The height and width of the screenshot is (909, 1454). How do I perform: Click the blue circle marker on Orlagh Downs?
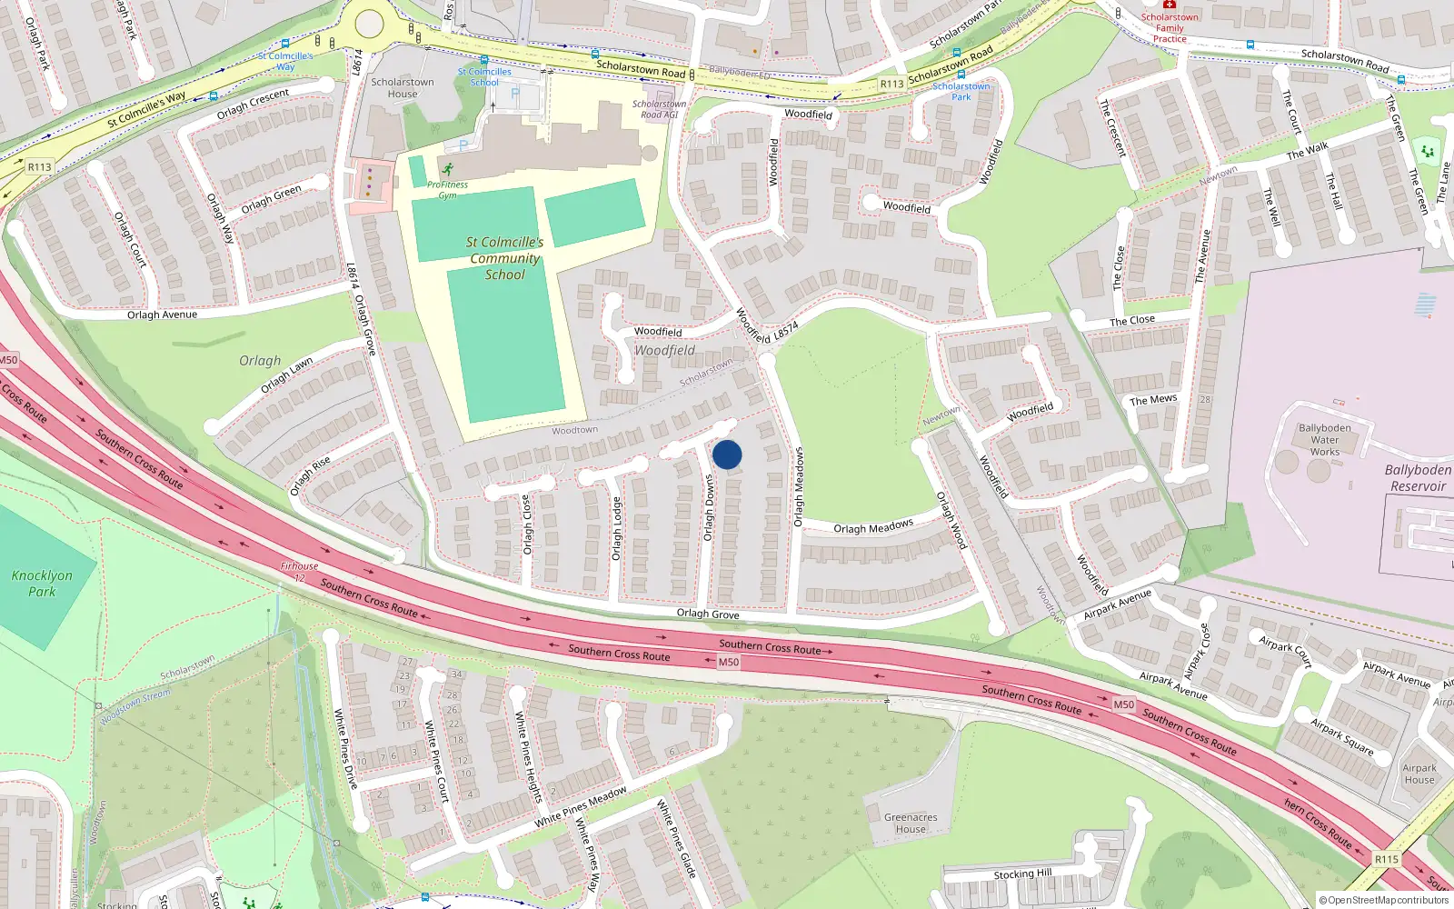(727, 454)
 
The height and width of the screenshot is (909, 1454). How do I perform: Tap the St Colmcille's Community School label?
(504, 258)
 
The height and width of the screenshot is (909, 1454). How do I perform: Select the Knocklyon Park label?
(42, 584)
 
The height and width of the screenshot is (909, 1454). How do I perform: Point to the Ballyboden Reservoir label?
(1418, 478)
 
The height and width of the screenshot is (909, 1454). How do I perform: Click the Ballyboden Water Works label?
(1324, 440)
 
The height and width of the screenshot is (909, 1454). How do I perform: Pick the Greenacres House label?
(911, 823)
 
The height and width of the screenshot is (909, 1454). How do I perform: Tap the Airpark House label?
(1419, 774)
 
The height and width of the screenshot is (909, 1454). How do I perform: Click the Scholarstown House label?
(403, 87)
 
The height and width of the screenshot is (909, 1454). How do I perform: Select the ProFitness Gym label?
(447, 189)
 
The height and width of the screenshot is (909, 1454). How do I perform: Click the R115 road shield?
(1386, 859)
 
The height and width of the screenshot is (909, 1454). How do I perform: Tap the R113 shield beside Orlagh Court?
(39, 167)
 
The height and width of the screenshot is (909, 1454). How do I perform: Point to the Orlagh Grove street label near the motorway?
(708, 614)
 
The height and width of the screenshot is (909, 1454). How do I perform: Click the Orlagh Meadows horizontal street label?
(873, 527)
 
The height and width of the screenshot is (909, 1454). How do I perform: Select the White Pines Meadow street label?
(581, 807)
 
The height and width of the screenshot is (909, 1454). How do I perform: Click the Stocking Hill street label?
(1022, 874)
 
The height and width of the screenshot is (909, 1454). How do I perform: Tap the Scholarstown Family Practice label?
(1170, 28)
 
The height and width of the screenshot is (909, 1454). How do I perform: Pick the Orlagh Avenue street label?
(162, 315)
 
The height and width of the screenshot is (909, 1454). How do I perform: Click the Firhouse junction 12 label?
(299, 571)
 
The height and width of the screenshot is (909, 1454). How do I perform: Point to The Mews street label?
(1153, 400)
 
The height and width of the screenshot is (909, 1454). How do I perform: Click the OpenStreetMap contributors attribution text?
(1385, 900)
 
